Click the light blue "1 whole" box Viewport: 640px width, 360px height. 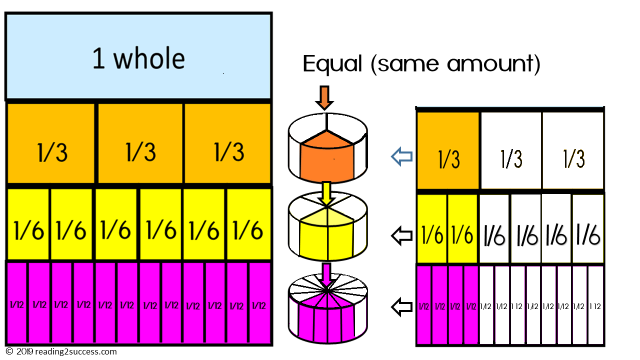[x=138, y=57]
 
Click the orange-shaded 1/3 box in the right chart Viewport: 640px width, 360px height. [x=448, y=152]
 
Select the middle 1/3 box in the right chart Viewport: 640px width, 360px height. [x=510, y=152]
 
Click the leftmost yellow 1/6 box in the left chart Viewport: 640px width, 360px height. [x=28, y=223]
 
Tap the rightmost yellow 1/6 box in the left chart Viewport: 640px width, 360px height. [x=248, y=223]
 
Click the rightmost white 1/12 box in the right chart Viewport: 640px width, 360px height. [x=595, y=305]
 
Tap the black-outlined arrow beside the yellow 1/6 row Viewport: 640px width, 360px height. [x=401, y=235]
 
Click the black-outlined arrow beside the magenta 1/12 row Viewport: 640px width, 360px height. [x=401, y=306]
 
